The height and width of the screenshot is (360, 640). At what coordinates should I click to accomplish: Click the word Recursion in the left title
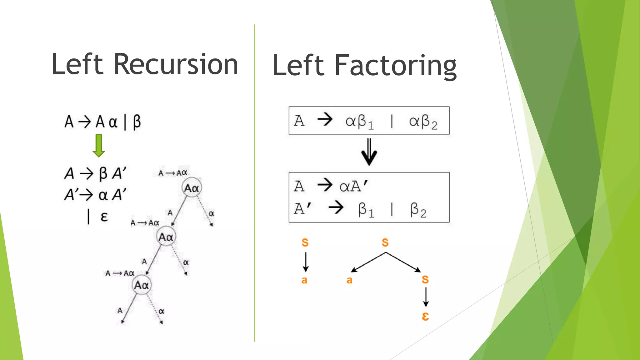click(176, 64)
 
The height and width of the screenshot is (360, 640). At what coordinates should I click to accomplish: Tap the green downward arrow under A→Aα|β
click(99, 145)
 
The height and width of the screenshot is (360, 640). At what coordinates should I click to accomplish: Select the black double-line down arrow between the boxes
click(369, 152)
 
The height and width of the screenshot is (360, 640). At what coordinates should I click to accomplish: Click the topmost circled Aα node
click(192, 188)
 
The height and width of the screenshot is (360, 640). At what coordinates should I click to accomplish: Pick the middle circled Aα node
click(166, 237)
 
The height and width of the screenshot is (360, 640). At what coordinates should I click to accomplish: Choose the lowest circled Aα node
click(141, 285)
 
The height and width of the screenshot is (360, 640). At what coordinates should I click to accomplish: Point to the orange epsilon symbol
click(425, 316)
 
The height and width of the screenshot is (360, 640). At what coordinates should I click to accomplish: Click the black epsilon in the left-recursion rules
click(104, 216)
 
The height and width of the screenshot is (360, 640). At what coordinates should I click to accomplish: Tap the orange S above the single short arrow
click(305, 242)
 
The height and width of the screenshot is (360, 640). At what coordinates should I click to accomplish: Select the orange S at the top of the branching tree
click(385, 242)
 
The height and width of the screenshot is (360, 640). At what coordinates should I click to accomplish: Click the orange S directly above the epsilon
click(425, 279)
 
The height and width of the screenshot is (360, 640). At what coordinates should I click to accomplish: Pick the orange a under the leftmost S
click(304, 280)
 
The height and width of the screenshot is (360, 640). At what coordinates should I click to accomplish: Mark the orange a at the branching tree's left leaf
click(349, 280)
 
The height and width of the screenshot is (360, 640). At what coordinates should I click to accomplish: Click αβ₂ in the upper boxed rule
click(423, 122)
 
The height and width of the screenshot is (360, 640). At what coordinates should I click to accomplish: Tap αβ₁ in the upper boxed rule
click(359, 122)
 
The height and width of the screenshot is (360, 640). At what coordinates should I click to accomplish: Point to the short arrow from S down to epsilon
click(426, 297)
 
